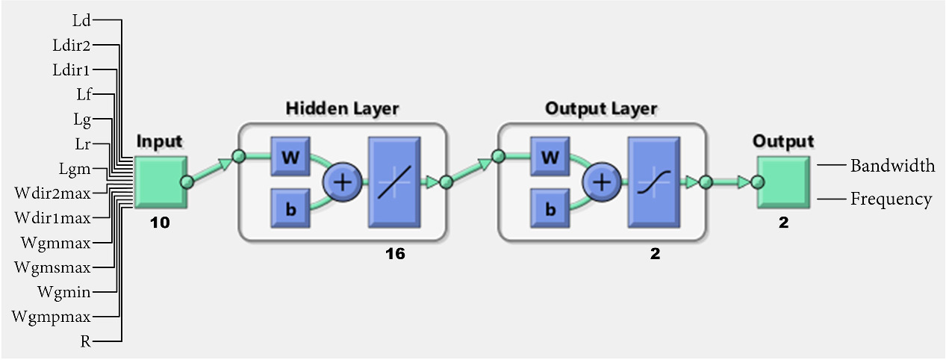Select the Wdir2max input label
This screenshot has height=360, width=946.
pos(52,193)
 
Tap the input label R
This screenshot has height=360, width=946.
pos(86,341)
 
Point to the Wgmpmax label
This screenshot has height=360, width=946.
pos(52,316)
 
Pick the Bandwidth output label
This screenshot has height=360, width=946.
pos(892,166)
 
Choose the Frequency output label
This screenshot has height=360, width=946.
pos(891,199)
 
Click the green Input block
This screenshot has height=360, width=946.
pos(161,181)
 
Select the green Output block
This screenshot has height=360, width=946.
pos(782,181)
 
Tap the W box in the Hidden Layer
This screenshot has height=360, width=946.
pos(290,157)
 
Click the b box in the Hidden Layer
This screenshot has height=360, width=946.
pos(290,208)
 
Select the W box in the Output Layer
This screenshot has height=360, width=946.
pos(550,157)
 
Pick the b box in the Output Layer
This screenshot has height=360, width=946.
pos(550,208)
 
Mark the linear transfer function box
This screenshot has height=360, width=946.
pos(393,181)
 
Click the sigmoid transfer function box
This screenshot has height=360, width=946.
pos(653,181)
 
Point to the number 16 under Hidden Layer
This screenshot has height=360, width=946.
pos(395,255)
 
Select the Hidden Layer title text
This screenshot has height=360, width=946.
pos(342,109)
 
